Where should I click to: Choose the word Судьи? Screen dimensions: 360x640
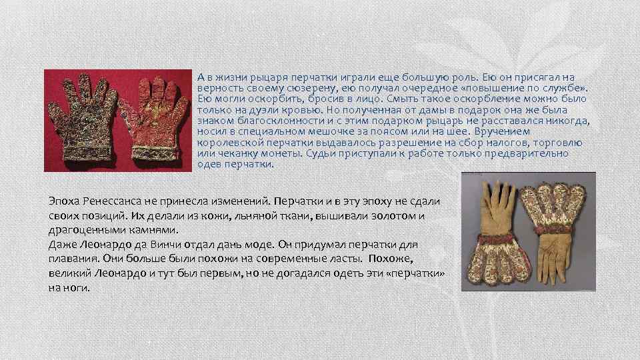pos(321,153)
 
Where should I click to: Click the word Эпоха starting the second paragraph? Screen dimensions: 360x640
pos(64,201)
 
